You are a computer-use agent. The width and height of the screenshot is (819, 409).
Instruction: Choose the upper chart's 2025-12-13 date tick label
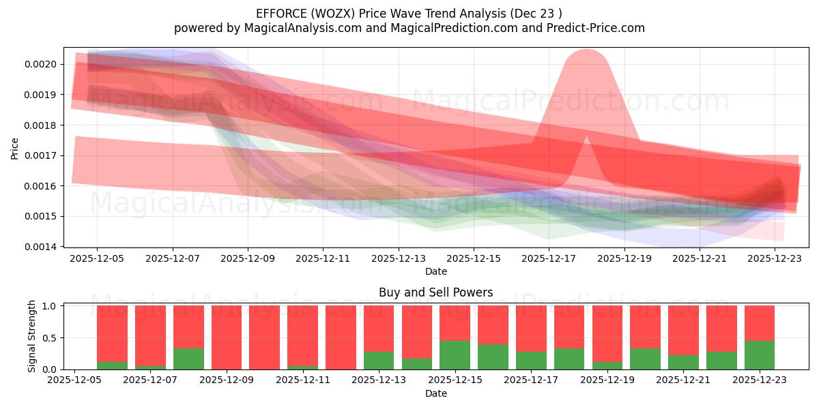(398, 258)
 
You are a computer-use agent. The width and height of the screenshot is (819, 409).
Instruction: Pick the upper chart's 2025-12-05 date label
(97, 258)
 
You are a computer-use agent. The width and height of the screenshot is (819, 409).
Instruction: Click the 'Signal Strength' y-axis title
(32, 337)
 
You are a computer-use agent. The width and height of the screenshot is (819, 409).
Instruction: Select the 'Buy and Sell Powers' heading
(435, 292)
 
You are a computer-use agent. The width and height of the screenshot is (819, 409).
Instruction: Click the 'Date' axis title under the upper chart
(435, 271)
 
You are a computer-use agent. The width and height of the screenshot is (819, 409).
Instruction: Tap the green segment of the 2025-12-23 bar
(759, 355)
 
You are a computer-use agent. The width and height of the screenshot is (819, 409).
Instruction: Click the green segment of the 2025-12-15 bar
(455, 355)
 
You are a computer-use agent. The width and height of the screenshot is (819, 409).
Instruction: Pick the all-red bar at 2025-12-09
(226, 337)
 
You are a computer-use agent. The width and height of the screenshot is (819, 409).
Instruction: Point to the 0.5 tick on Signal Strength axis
(51, 338)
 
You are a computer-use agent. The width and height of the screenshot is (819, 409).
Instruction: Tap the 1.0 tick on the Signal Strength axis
(51, 306)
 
